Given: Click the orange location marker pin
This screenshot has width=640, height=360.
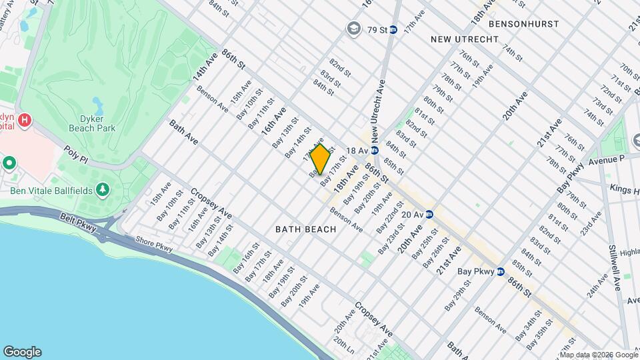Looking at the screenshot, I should [320, 159].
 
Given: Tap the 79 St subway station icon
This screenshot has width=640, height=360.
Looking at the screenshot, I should [393, 29].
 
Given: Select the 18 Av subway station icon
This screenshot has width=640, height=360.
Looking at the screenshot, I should [375, 151].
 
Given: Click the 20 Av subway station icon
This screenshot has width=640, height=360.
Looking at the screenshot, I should [430, 214].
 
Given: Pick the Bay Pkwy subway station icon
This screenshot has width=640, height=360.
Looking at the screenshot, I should [500, 271].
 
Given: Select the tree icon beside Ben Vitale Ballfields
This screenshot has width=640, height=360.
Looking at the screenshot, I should [103, 191].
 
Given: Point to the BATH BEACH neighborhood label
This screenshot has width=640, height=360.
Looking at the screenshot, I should [306, 229].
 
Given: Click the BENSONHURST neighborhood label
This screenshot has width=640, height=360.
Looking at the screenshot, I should [523, 23].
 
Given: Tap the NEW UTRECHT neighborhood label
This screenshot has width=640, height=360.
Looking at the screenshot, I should [465, 39].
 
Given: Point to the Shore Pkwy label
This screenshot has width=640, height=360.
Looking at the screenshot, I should [154, 245].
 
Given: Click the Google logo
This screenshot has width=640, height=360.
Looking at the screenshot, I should [22, 352].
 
